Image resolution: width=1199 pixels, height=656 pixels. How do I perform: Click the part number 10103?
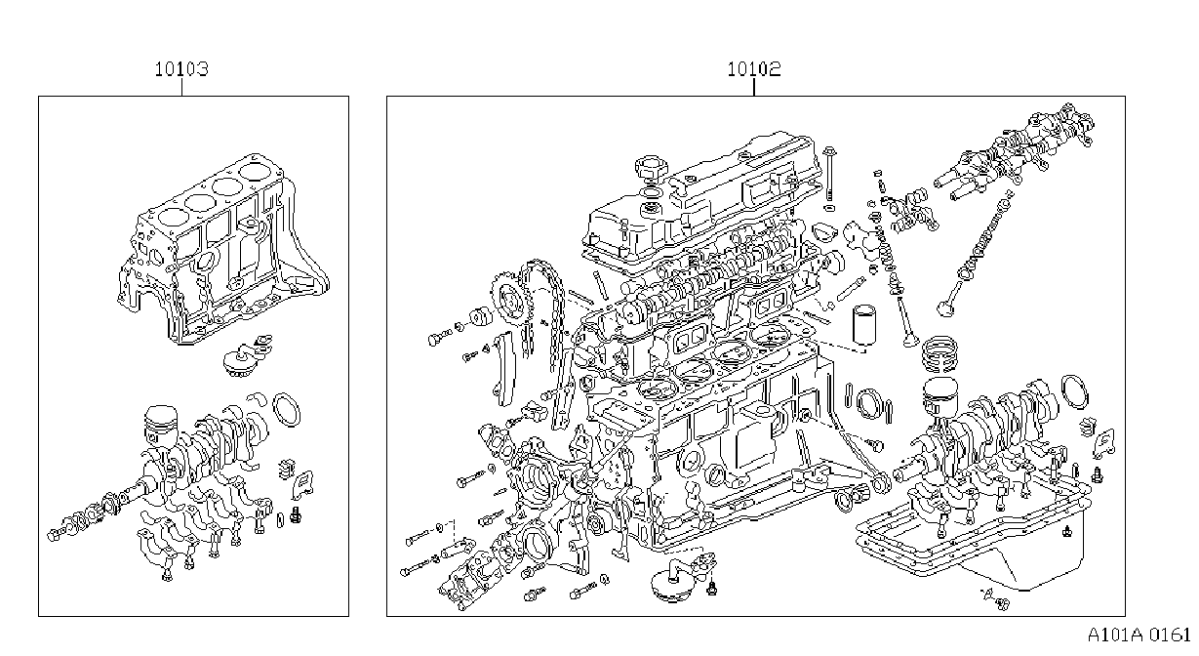(181, 69)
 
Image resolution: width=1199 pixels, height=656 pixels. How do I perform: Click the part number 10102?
(754, 69)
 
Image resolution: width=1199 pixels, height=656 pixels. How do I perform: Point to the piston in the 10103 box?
(161, 423)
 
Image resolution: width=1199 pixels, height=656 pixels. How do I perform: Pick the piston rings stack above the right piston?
(939, 354)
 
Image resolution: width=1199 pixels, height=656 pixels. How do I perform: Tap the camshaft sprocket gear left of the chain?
(510, 300)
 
